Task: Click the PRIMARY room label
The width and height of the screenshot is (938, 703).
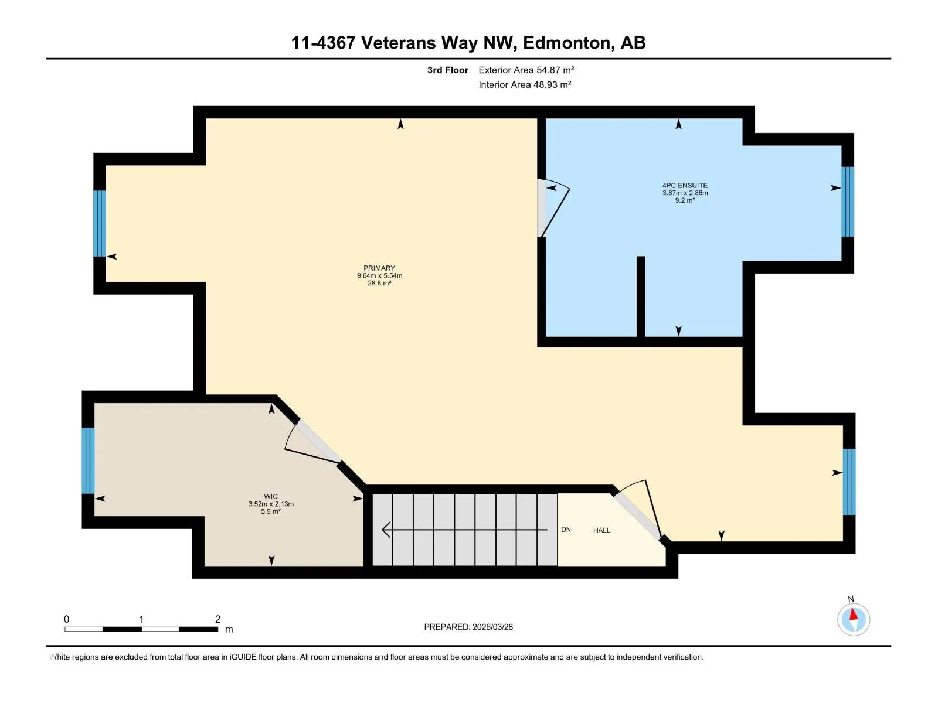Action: tap(379, 268)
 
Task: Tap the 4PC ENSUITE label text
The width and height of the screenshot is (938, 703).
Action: tap(685, 185)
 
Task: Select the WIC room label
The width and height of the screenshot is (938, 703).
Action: tap(270, 496)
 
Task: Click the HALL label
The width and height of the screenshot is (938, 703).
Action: tap(601, 530)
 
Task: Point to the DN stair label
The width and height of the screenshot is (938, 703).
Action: tap(566, 529)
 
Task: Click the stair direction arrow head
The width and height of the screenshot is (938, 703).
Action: tap(386, 530)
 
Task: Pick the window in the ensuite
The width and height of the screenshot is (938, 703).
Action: tap(847, 202)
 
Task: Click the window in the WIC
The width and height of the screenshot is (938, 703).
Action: tap(88, 460)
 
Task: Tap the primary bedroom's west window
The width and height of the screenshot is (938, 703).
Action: tap(100, 223)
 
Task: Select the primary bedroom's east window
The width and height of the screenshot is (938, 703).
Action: tap(849, 482)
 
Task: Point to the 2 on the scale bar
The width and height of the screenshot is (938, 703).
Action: tap(217, 619)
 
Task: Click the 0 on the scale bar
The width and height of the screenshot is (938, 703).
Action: tap(67, 619)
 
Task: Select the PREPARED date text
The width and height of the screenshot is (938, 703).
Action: tap(468, 627)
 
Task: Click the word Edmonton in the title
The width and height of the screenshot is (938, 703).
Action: tap(567, 43)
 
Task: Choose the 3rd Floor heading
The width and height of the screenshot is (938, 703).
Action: tap(448, 70)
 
